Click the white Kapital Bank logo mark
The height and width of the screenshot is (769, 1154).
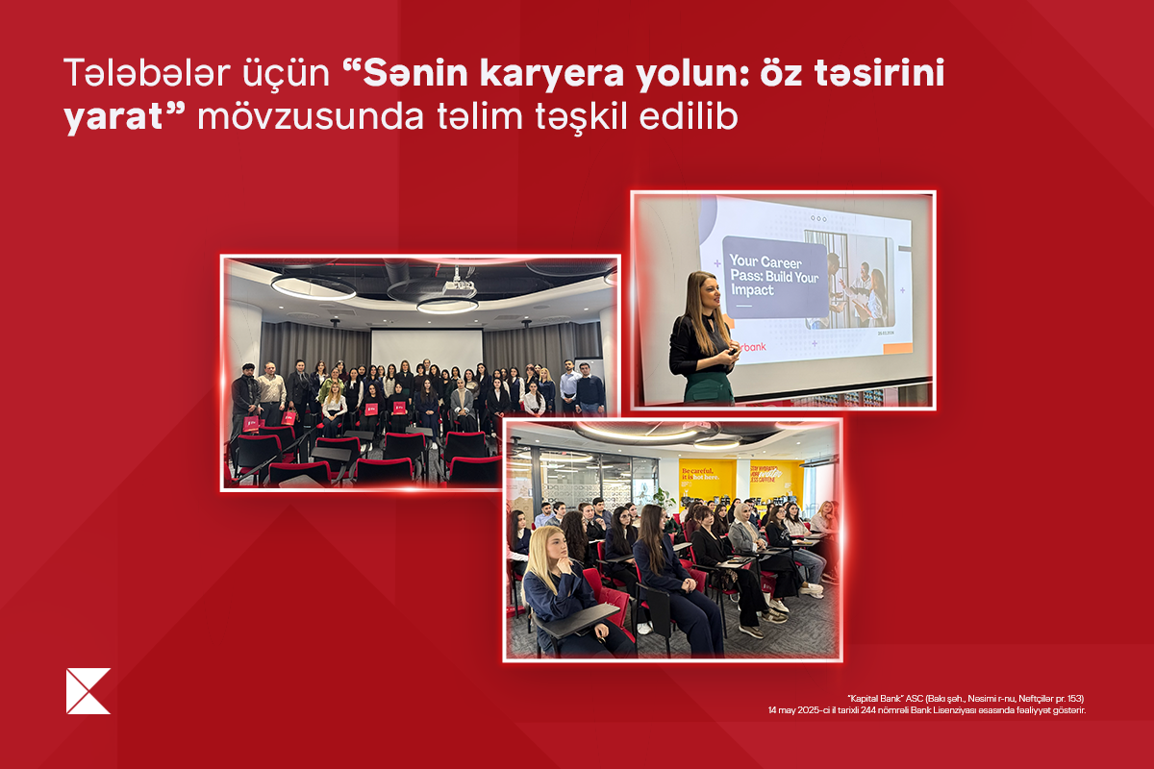pos(88,691)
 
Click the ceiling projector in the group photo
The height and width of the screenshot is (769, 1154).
pos(459,285)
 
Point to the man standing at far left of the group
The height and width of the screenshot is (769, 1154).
pos(243,393)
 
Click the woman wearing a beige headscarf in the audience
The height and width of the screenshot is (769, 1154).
pos(744,534)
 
